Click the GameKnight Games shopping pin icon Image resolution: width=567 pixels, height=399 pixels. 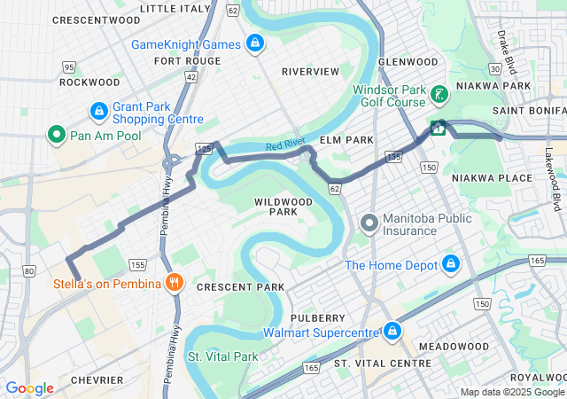pyautogui.click(x=255, y=43)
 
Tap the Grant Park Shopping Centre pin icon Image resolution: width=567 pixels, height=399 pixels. pyautogui.click(x=99, y=112)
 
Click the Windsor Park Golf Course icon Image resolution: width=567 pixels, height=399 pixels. pyautogui.click(x=438, y=95)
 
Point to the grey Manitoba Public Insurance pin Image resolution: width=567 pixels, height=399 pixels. pyautogui.click(x=369, y=223)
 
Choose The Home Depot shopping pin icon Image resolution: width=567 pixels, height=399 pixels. pyautogui.click(x=451, y=264)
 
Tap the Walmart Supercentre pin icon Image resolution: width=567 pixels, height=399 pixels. pyautogui.click(x=392, y=332)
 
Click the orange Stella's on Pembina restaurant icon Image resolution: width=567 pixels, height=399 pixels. pyautogui.click(x=175, y=283)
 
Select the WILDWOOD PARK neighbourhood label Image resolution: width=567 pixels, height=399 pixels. pyautogui.click(x=283, y=207)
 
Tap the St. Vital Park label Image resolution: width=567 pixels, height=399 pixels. pyautogui.click(x=222, y=356)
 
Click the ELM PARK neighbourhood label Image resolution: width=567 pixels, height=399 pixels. pyautogui.click(x=343, y=140)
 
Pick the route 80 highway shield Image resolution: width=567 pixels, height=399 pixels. pyautogui.click(x=29, y=270)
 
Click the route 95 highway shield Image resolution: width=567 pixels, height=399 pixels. pyautogui.click(x=69, y=67)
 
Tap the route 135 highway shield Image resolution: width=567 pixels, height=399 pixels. pyautogui.click(x=394, y=157)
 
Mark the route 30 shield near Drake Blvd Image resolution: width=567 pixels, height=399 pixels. pyautogui.click(x=494, y=68)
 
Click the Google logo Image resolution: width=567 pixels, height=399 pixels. pyautogui.click(x=30, y=387)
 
